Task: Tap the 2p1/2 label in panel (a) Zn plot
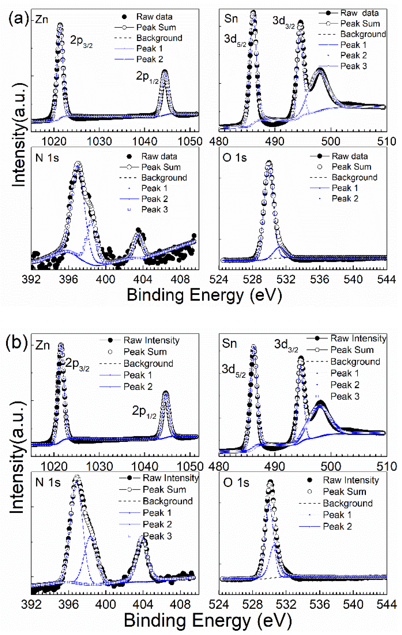tap(147, 77)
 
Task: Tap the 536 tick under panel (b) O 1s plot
tap(320, 604)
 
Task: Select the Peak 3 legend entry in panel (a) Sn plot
tap(353, 66)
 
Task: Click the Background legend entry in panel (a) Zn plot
tap(159, 38)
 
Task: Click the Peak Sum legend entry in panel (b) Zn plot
tap(145, 352)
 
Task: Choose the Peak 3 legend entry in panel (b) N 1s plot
tap(157, 536)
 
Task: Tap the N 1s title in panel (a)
tap(47, 158)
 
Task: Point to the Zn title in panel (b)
tap(42, 345)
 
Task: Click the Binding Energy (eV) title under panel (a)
tap(204, 295)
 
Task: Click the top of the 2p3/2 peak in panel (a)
tap(60, 25)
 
